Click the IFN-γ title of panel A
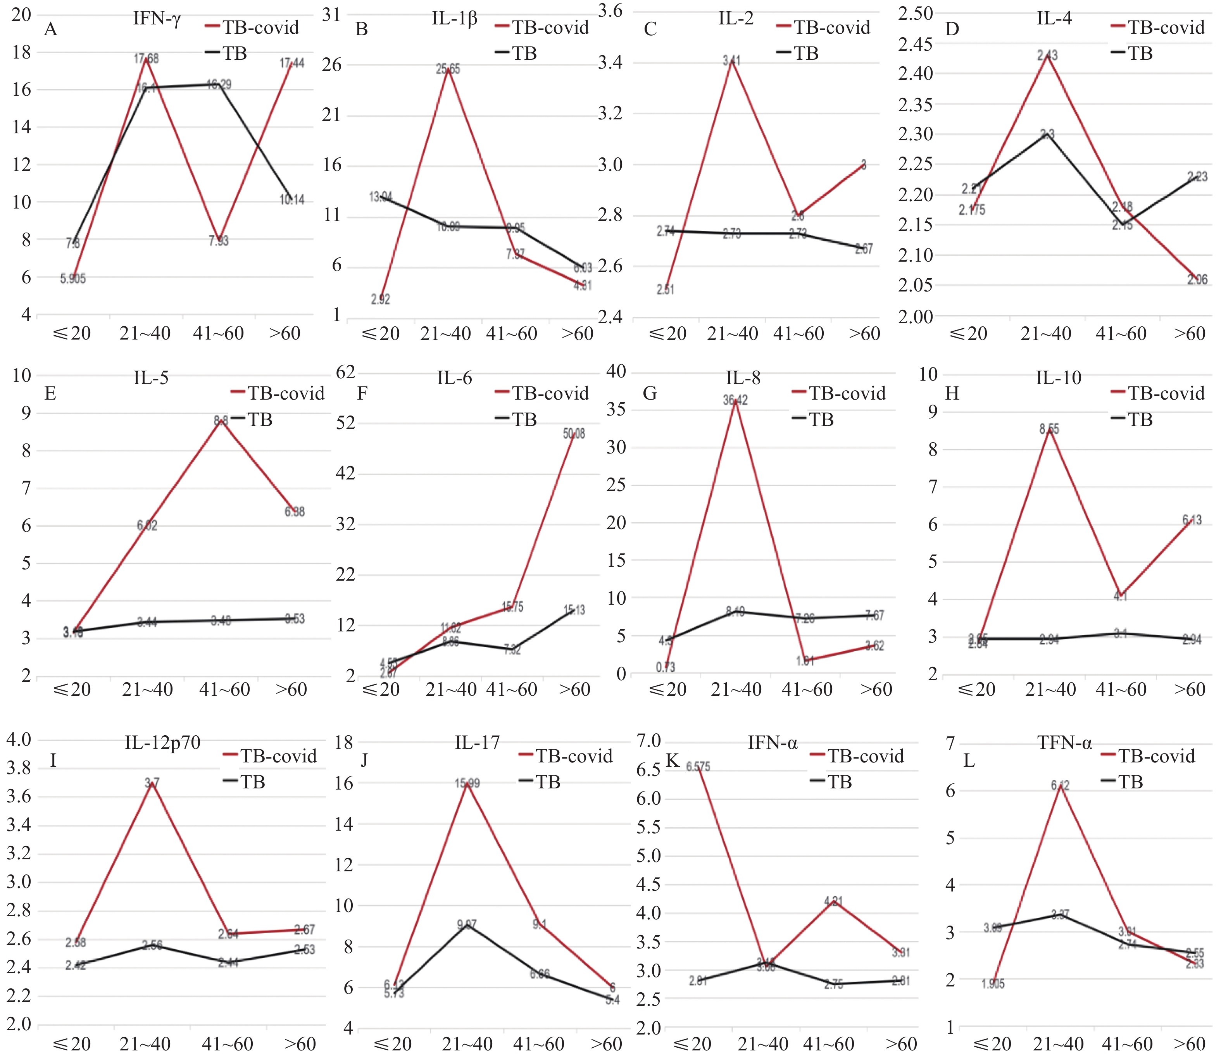[157, 19]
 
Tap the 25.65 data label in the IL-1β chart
[448, 69]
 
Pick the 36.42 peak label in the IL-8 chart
[736, 400]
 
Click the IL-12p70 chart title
[162, 743]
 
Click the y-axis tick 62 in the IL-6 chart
[346, 372]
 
